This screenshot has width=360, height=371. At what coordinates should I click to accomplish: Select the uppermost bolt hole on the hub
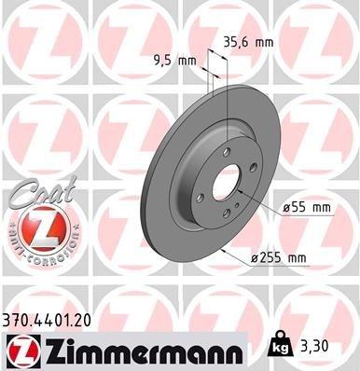pyautogui.click(x=226, y=151)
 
